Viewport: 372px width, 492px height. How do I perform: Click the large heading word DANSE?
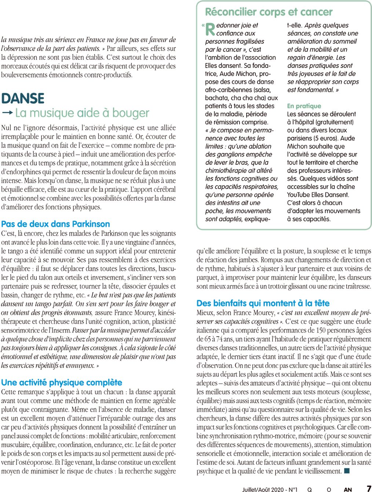click(x=23, y=98)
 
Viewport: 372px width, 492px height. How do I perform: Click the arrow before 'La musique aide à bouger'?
click(x=7, y=112)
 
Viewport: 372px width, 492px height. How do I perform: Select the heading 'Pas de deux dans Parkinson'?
click(x=55, y=224)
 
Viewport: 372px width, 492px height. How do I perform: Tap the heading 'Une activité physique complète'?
click(x=62, y=383)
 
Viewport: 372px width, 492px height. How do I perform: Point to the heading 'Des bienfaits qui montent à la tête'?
click(x=263, y=303)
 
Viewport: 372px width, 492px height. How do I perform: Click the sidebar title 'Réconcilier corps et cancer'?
click(x=269, y=12)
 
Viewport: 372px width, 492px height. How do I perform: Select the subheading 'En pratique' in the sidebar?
click(x=304, y=106)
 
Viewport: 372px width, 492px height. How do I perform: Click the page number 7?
click(x=368, y=489)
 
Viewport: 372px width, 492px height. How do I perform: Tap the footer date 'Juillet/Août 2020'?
click(x=263, y=489)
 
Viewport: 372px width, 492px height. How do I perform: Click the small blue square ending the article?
click(x=347, y=471)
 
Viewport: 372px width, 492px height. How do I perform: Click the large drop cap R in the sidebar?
click(x=210, y=29)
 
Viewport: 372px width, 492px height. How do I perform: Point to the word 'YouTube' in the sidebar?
click(x=298, y=195)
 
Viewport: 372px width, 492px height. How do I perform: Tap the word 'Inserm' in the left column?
click(x=61, y=330)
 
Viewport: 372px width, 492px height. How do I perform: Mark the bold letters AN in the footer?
click(x=348, y=489)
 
